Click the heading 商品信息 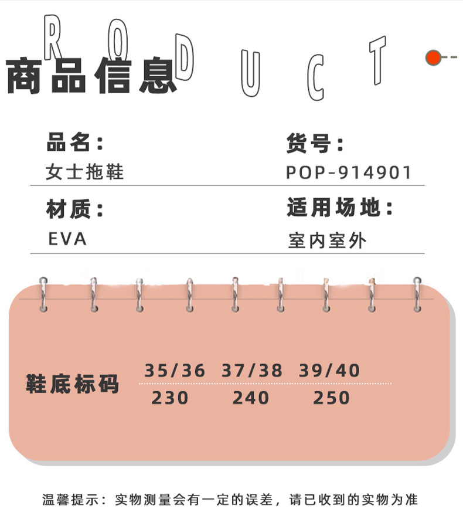pos(91,76)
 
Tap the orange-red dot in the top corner pos(433,57)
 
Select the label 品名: pos(75,143)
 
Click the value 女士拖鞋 pos(85,172)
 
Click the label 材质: pos(75,209)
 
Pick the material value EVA pos(67,239)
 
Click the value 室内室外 pos(327,240)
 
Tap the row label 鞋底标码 pos(73,384)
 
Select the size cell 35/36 pos(175,371)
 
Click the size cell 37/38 pos(252,371)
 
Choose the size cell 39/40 pos(329,371)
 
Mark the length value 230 pos(170,398)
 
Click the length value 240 pos(250,398)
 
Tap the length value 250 pos(331,398)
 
